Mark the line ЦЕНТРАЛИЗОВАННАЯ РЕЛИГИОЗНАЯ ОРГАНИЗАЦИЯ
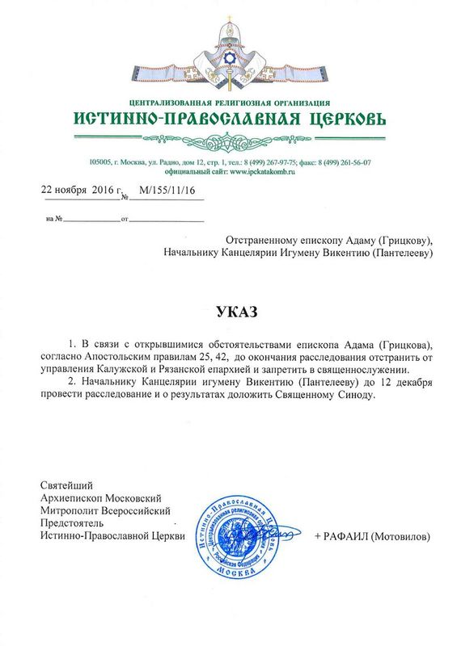(229, 103)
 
